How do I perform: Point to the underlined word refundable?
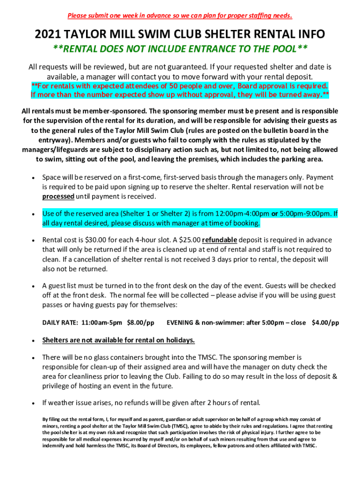point(220,240)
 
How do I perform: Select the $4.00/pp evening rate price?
point(325,322)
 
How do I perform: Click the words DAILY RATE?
point(60,322)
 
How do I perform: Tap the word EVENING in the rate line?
point(181,322)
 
